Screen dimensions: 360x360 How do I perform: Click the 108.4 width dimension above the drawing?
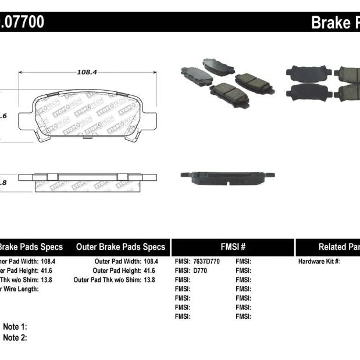coord(87,73)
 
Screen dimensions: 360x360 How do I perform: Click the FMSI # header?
coord(233,247)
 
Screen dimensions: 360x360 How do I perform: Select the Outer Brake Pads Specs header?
coord(121,247)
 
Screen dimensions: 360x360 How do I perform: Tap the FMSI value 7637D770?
coord(204,261)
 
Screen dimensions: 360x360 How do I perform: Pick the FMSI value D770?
coord(199,270)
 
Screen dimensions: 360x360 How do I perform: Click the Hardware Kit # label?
coord(319,261)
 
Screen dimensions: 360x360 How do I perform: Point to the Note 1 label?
coord(15,327)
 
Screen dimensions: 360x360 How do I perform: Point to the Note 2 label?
coord(15,337)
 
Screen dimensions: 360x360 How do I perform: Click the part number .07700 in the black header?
coord(22,23)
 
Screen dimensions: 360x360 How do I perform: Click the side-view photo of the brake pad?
coord(227,176)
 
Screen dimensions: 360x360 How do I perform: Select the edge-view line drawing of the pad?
coord(87,179)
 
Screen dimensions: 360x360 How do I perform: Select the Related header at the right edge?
coord(338,247)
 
